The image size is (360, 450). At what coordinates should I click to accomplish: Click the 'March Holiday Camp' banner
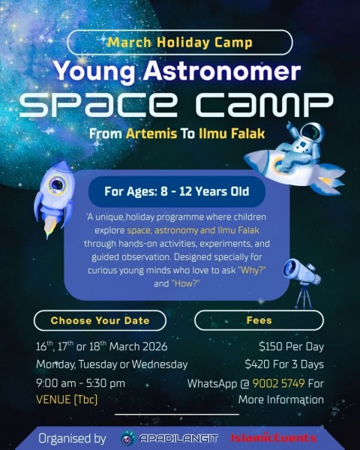[x=180, y=42]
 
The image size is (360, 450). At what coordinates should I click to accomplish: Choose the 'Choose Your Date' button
[x=100, y=320]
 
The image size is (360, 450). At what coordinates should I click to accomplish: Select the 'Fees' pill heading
[x=258, y=320]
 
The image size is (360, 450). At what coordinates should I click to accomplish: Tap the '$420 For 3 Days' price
[x=284, y=364]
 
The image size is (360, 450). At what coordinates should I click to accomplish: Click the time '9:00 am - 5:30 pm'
[x=80, y=382]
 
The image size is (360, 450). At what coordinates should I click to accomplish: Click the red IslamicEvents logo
[x=273, y=436]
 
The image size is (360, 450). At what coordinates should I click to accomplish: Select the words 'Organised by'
[x=73, y=436]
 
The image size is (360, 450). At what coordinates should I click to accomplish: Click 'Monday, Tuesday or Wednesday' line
[x=112, y=364]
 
